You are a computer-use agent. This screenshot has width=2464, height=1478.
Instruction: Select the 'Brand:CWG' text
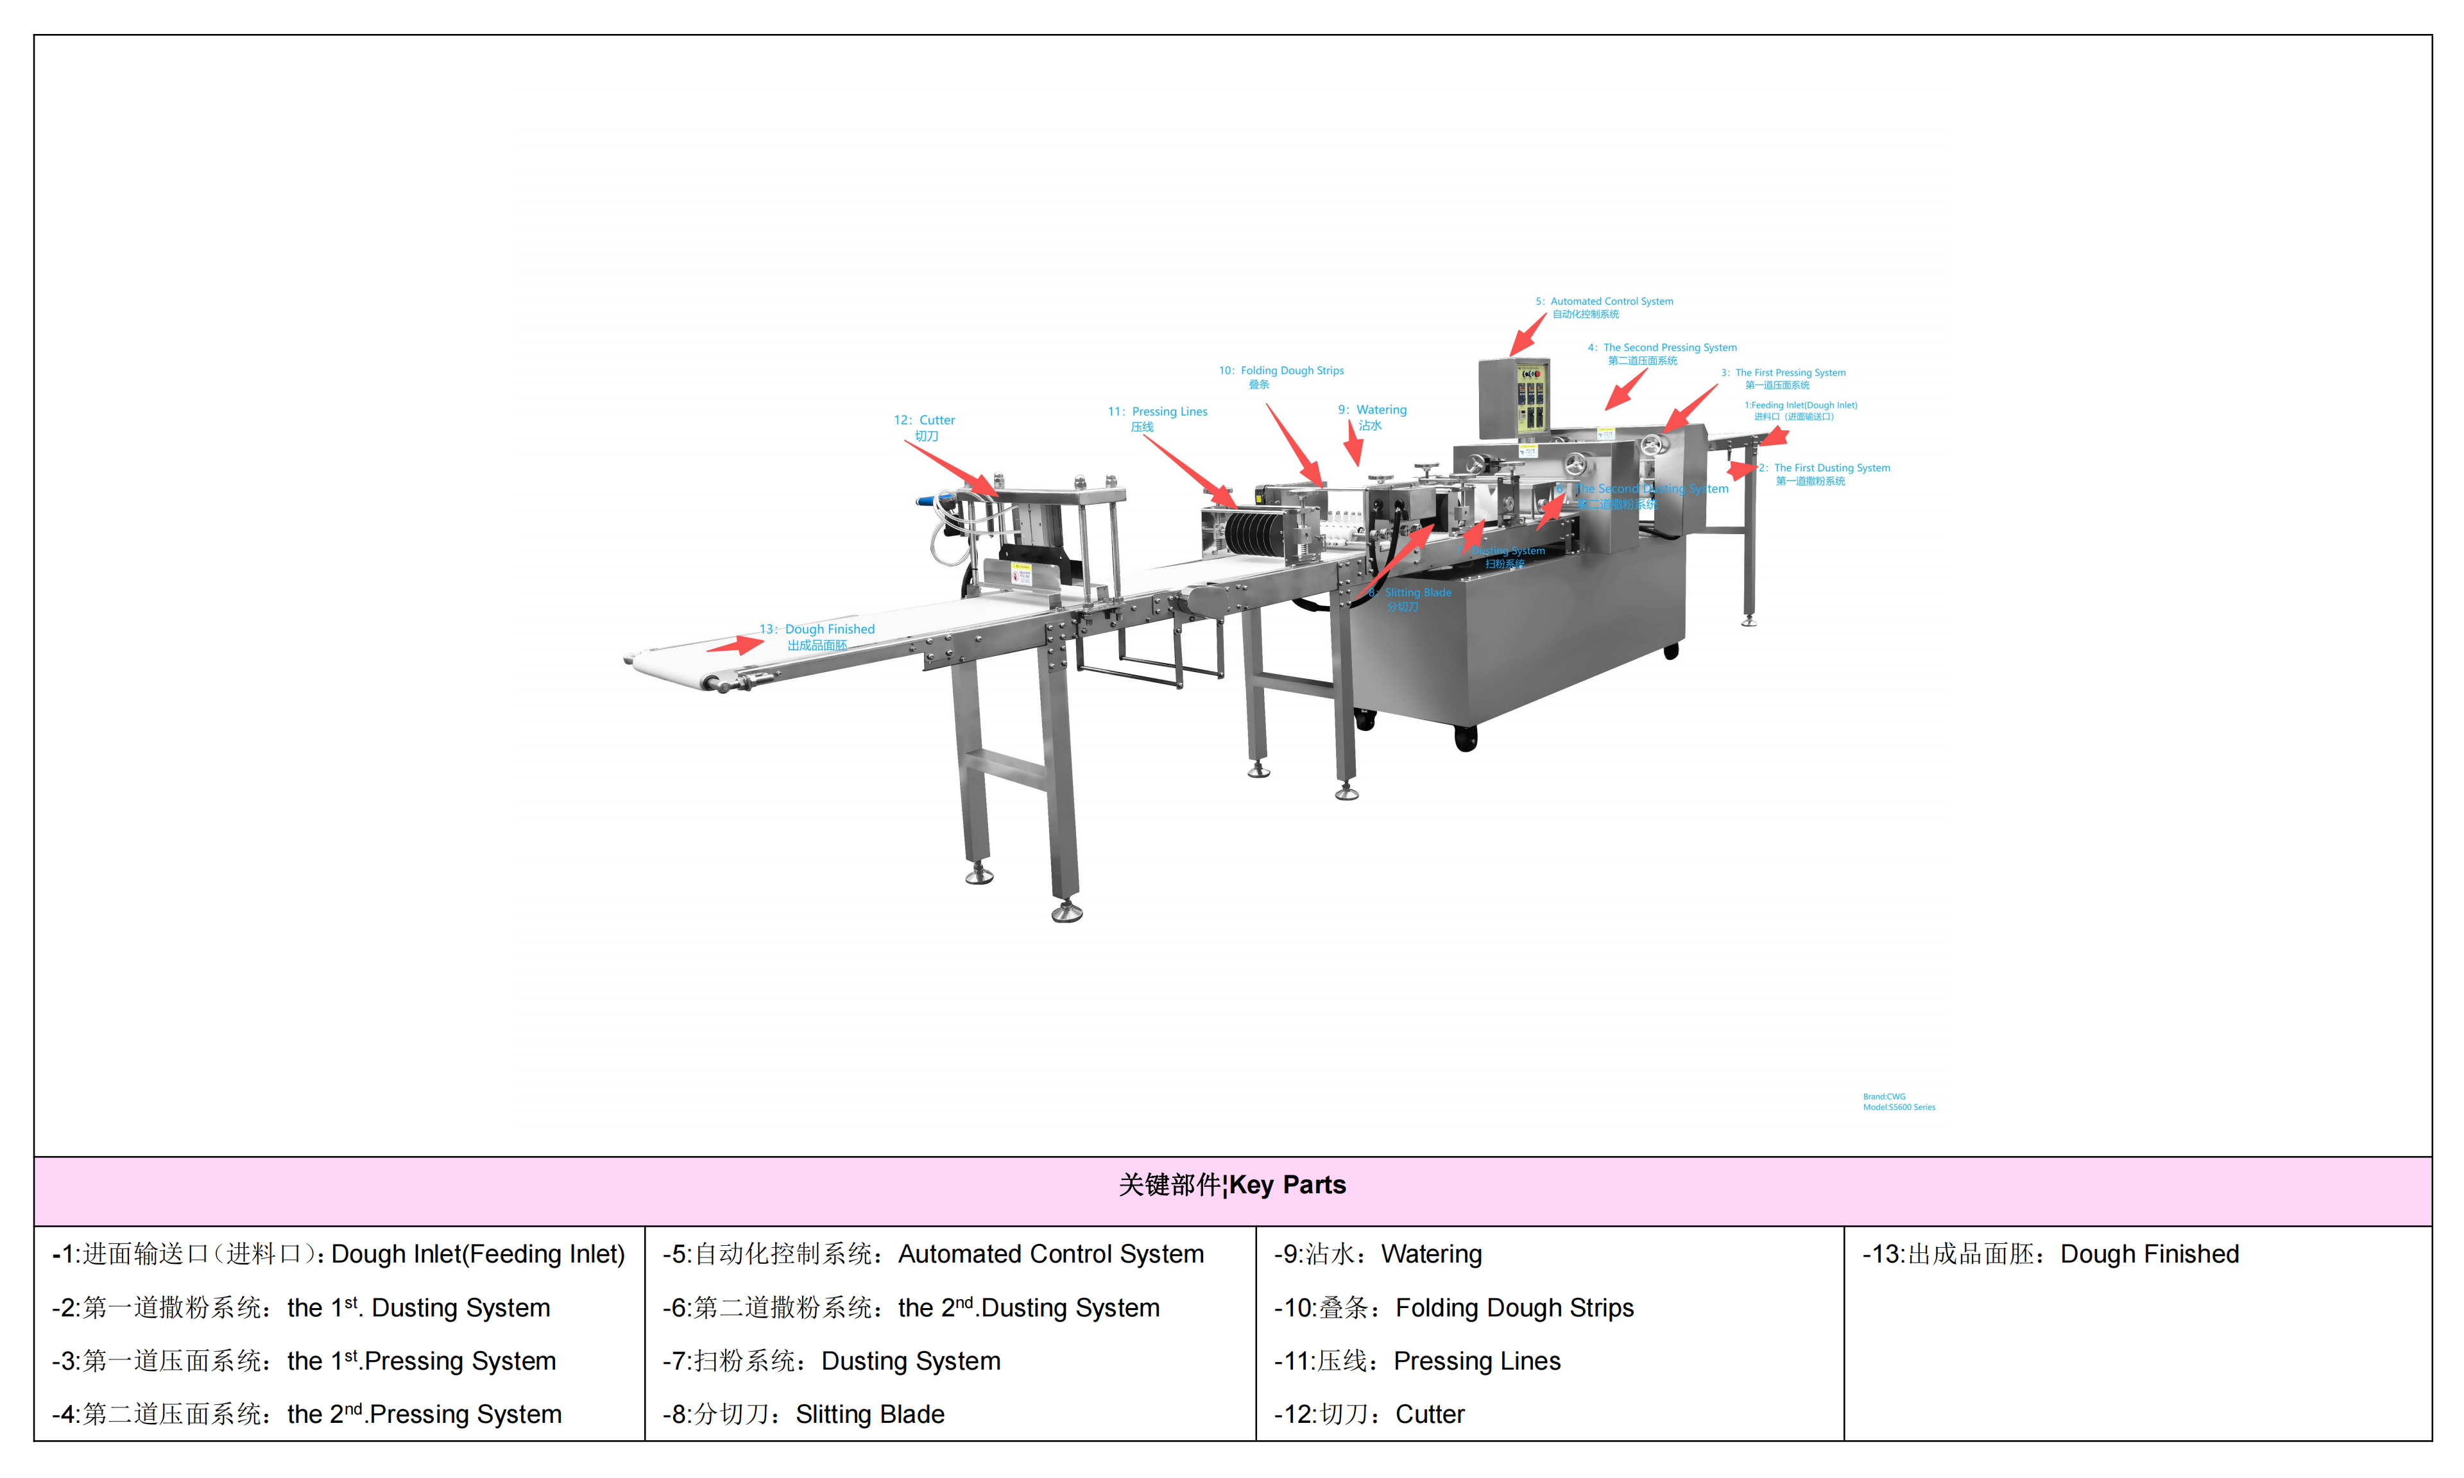coord(1884,1096)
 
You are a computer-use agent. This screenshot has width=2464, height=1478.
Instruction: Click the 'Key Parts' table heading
coord(1233,1185)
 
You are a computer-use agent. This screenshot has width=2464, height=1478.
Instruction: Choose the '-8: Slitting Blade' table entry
coord(803,1415)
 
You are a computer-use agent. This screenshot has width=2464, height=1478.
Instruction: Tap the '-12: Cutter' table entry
coord(1369,1415)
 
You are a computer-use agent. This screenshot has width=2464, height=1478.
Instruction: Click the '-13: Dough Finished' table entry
coord(2051,1254)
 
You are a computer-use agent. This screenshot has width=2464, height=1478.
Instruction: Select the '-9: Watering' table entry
coord(1377,1254)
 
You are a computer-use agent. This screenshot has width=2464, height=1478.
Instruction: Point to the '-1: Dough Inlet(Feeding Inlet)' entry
coord(339,1254)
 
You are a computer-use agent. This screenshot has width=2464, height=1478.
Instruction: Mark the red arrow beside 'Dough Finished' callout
coord(735,645)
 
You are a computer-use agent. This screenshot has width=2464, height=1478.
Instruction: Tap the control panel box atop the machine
coord(1514,398)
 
